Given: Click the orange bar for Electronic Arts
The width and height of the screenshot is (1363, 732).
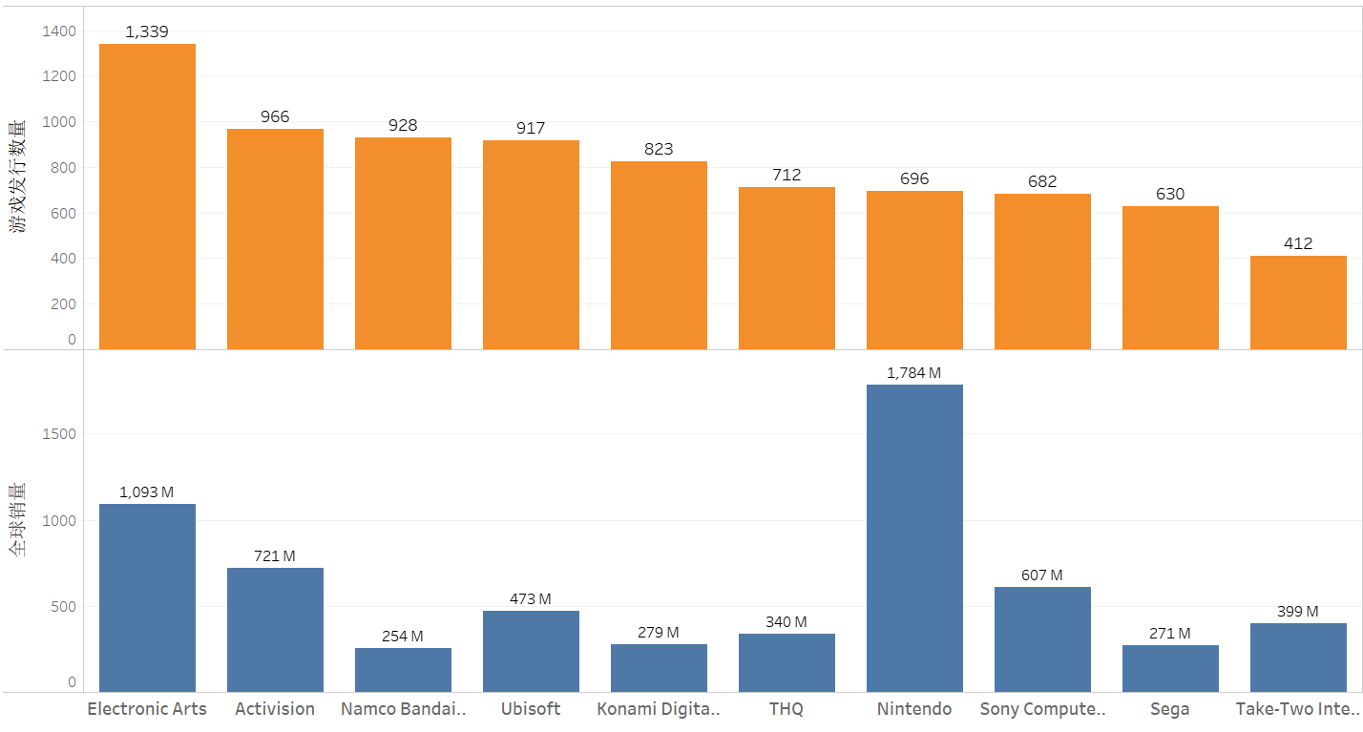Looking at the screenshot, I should tap(147, 196).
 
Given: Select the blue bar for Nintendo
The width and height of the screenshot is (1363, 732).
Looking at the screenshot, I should tap(914, 537).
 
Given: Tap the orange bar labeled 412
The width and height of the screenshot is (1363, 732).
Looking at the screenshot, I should tap(1298, 302).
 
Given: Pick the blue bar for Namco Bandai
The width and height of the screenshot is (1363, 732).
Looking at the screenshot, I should tap(403, 669).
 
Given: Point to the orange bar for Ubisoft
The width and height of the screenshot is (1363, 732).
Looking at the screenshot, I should tap(531, 244).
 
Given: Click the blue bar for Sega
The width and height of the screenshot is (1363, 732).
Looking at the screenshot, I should tap(1170, 668).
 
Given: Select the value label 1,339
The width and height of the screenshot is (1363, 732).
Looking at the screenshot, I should tap(147, 32).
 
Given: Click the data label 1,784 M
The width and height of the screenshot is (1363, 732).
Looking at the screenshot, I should tap(913, 373).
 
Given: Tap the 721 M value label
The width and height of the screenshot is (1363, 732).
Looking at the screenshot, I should tap(275, 555).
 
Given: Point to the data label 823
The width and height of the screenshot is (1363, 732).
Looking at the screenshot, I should tap(659, 149).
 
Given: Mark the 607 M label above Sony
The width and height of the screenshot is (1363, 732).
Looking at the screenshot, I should tap(1041, 575).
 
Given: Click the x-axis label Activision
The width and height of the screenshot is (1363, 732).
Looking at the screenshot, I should tap(275, 709).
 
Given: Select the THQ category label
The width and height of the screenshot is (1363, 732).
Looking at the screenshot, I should tap(786, 709).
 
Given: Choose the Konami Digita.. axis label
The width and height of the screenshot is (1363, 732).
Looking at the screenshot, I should tap(659, 709).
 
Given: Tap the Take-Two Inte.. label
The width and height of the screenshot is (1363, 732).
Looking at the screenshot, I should tap(1297, 709).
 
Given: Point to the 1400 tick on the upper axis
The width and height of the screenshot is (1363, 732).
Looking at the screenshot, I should tap(59, 31).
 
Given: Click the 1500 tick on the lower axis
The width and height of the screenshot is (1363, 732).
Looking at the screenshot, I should tap(59, 434).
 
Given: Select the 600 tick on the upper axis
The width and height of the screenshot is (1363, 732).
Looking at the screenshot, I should tap(63, 214).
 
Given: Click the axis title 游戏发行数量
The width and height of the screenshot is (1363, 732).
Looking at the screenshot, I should tap(18, 177).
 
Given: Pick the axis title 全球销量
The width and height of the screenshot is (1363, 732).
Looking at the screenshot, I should tap(18, 520).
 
